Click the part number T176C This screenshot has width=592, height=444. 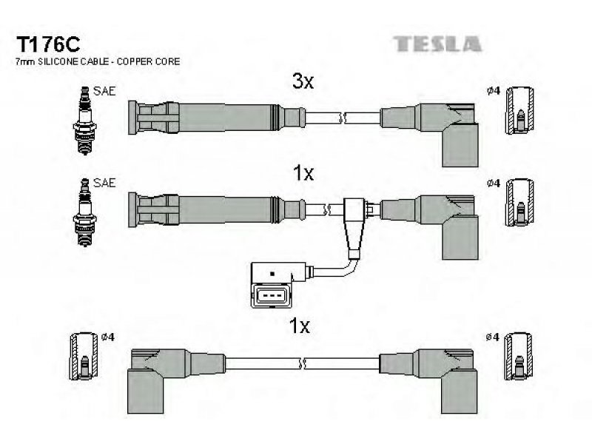(47, 44)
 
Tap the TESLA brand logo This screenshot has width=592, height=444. (437, 44)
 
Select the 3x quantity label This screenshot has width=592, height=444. (303, 81)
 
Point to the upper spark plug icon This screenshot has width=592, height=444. (84, 121)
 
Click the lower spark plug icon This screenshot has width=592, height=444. (84, 212)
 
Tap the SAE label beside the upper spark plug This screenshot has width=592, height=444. (104, 91)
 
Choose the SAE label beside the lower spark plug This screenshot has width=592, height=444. (104, 183)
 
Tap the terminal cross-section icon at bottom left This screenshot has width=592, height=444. (84, 357)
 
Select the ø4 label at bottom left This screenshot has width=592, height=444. (108, 337)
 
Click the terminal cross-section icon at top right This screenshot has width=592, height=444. (520, 110)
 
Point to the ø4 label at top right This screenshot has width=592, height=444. (494, 91)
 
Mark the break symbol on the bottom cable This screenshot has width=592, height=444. (302, 364)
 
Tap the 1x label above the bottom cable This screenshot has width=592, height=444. (299, 326)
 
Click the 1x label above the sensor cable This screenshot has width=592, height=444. (303, 173)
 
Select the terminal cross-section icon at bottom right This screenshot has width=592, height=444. (519, 357)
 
